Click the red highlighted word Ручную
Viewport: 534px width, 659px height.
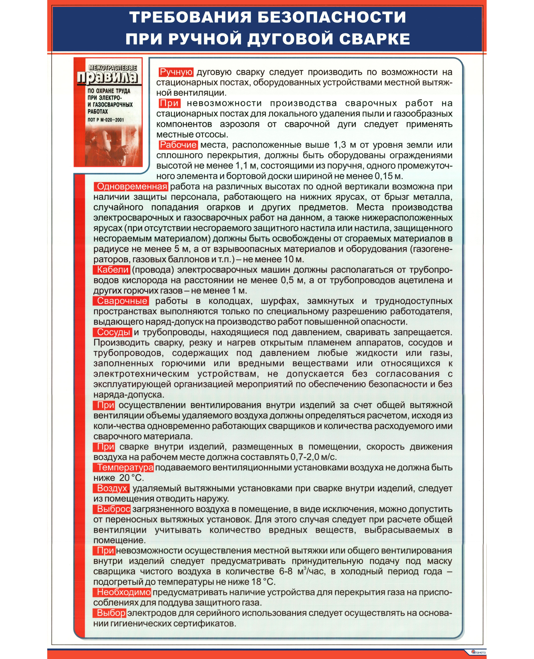coord(176,72)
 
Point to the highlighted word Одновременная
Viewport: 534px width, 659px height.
coord(132,187)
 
